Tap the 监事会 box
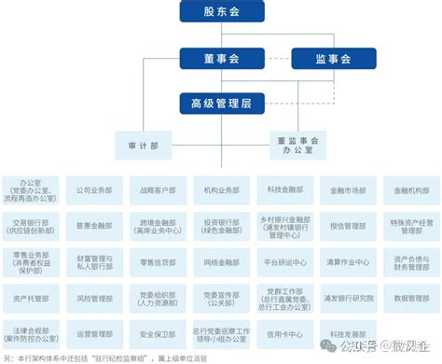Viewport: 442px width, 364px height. (x=333, y=59)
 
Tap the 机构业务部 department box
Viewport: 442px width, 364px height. (x=221, y=189)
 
